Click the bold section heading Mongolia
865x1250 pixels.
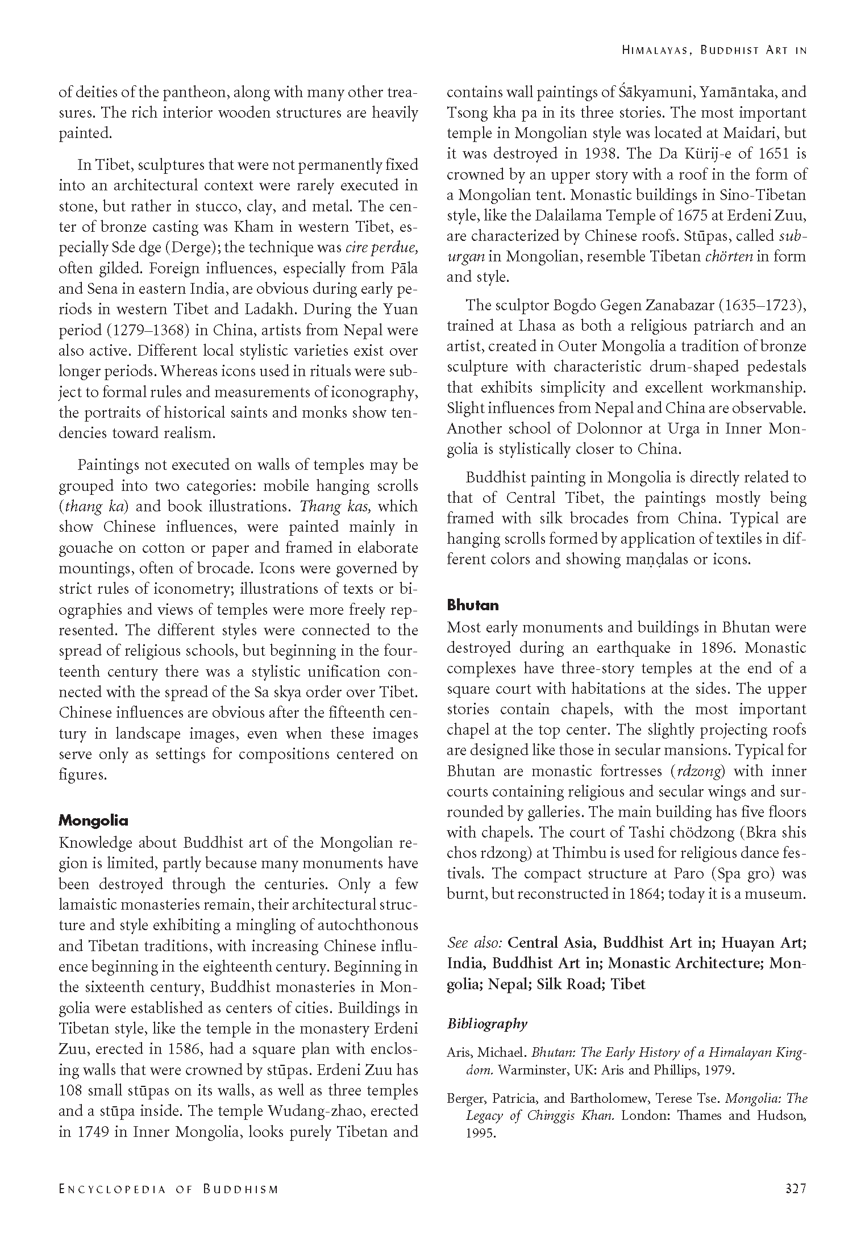93,821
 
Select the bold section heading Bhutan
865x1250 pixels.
472,606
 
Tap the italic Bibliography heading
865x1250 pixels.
487,1024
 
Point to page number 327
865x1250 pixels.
795,1189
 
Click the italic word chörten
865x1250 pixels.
729,257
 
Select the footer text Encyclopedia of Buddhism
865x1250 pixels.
169,1189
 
